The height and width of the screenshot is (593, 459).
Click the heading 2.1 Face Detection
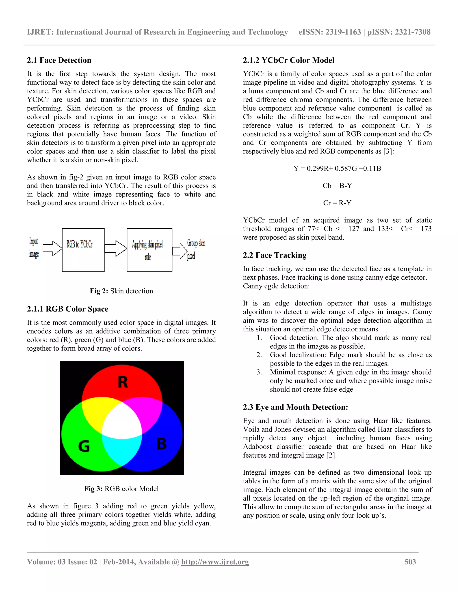pos(59,60)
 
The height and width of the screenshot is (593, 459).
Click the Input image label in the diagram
pos(34,248)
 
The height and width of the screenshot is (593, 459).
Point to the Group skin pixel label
pos(196,249)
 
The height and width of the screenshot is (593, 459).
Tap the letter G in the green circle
pos(84,446)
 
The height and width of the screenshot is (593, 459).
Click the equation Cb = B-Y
pos(337,186)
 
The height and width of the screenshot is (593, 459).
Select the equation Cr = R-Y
pos(337,203)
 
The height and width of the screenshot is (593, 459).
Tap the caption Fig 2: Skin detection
pos(121,291)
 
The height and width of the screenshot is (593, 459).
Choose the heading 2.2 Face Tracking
pos(275,255)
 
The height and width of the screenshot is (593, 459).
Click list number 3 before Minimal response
pos(259,372)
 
